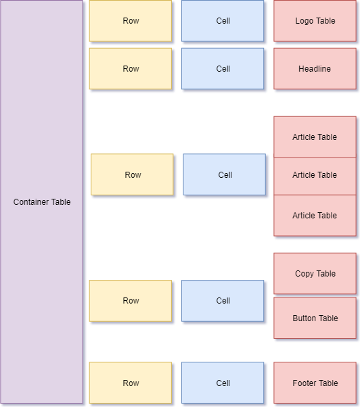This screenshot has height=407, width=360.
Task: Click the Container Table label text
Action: (42, 202)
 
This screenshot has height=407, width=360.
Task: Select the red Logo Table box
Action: (315, 21)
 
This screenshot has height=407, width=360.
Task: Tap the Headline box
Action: (315, 69)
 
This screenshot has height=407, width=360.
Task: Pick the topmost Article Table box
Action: (315, 137)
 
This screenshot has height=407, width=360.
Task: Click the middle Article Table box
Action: (315, 176)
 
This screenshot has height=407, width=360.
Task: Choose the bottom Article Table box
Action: (315, 216)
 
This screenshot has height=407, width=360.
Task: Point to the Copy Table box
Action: (315, 274)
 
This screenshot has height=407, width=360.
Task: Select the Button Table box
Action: (315, 318)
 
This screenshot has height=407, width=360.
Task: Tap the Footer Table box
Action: (315, 383)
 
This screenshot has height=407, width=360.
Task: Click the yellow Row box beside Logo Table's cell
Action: (131, 21)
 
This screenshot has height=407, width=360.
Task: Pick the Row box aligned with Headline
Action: (131, 69)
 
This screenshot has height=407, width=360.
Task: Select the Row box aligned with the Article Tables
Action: (133, 175)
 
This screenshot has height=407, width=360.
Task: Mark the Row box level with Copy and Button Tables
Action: (131, 301)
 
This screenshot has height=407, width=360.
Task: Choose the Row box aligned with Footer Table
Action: (131, 383)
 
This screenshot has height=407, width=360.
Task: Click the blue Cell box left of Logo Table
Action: (223, 21)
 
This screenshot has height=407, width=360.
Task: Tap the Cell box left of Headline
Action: (223, 69)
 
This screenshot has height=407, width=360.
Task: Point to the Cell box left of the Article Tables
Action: (225, 175)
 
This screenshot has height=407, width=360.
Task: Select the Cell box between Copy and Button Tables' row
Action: (223, 301)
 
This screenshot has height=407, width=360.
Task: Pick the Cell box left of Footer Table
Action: (223, 383)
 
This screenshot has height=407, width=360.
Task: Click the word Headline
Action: (315, 69)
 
